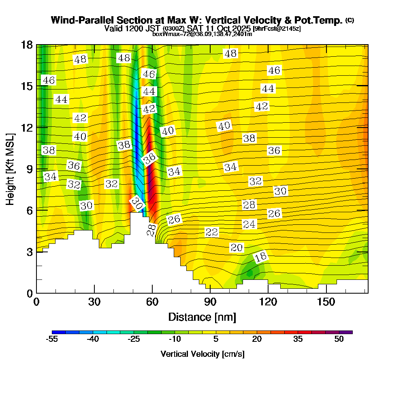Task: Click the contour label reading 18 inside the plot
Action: point(261,257)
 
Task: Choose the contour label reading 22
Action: point(212,232)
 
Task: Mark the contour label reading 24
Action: point(249,224)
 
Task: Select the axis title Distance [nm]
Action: point(202,317)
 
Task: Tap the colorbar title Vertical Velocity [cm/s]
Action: point(202,354)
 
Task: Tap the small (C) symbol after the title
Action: point(350,20)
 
